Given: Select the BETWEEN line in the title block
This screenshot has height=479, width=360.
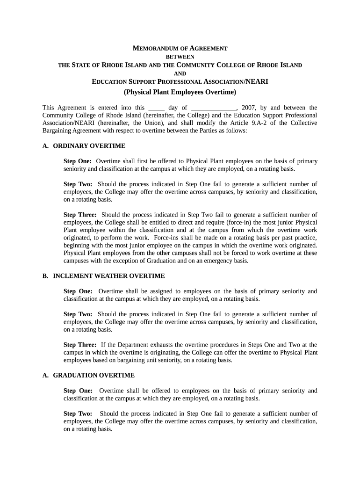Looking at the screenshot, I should click(x=180, y=57).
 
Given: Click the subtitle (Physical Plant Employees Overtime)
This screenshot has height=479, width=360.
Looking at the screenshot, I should click(x=180, y=92).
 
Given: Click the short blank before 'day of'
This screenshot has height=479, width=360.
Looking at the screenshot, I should click(x=156, y=108).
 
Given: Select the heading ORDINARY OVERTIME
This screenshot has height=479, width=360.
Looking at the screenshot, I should click(x=89, y=146).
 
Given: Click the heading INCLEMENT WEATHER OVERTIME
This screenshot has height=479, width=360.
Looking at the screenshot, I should click(x=108, y=276).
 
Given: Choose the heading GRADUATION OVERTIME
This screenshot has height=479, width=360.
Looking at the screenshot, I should click(x=94, y=375).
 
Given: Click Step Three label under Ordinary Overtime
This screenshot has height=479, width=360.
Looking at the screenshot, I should click(x=80, y=215).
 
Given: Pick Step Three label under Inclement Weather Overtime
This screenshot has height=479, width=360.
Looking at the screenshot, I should click(x=80, y=345).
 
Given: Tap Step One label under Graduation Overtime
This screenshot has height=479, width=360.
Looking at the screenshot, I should click(x=78, y=391).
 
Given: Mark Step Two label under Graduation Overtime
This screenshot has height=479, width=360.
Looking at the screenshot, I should click(x=78, y=414).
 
